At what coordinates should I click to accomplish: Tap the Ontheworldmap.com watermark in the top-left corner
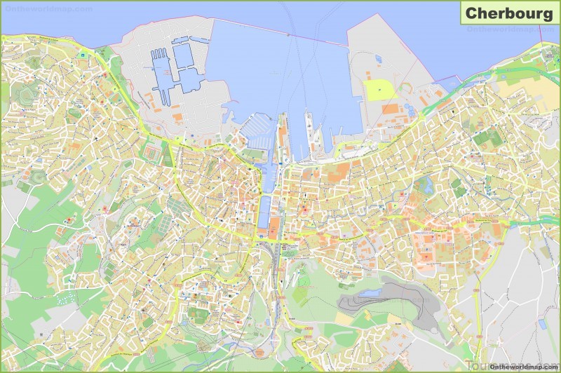47,9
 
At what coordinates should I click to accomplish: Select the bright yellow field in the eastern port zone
379,90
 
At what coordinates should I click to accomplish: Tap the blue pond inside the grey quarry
370,292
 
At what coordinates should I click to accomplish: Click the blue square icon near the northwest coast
83,54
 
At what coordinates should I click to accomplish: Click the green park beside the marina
251,154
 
